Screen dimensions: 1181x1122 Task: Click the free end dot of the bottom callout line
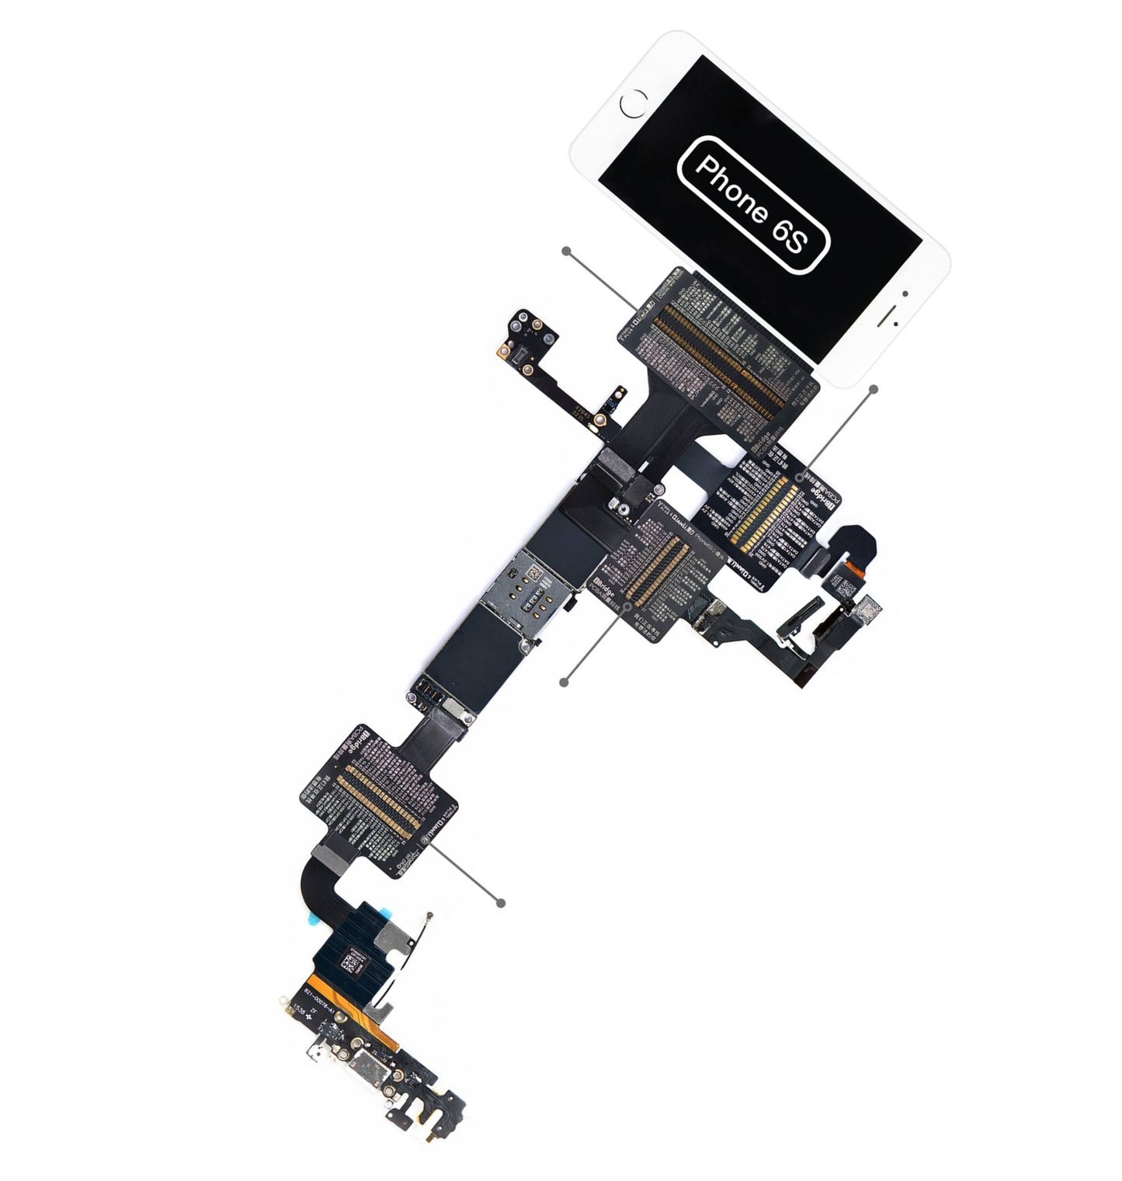coord(501,902)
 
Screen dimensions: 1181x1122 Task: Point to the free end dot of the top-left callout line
coord(568,252)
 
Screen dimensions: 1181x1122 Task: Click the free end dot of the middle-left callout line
coord(564,682)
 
